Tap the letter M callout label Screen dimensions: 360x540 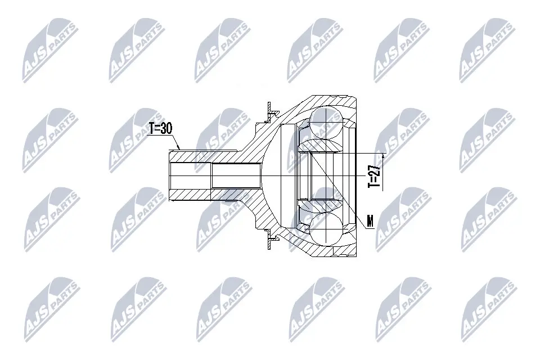(x=370, y=221)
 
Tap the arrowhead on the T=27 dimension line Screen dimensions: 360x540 (x=384, y=156)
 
